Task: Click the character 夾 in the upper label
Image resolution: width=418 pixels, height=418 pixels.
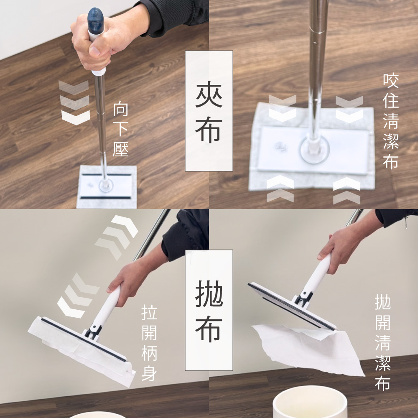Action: pyautogui.click(x=209, y=95)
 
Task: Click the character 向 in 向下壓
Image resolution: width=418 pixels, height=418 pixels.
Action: pyautogui.click(x=121, y=110)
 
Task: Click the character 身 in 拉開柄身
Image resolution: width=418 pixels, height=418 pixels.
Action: pyautogui.click(x=149, y=373)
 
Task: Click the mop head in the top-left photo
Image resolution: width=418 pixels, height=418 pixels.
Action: pyautogui.click(x=107, y=186)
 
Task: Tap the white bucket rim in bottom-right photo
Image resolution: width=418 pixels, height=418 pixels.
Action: pyautogui.click(x=310, y=395)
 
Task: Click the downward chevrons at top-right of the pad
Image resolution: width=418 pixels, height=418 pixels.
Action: pyautogui.click(x=349, y=109)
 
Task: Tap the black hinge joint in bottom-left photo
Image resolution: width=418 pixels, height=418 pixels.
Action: pyautogui.click(x=93, y=332)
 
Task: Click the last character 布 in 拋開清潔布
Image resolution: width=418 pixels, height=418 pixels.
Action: pyautogui.click(x=382, y=382)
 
